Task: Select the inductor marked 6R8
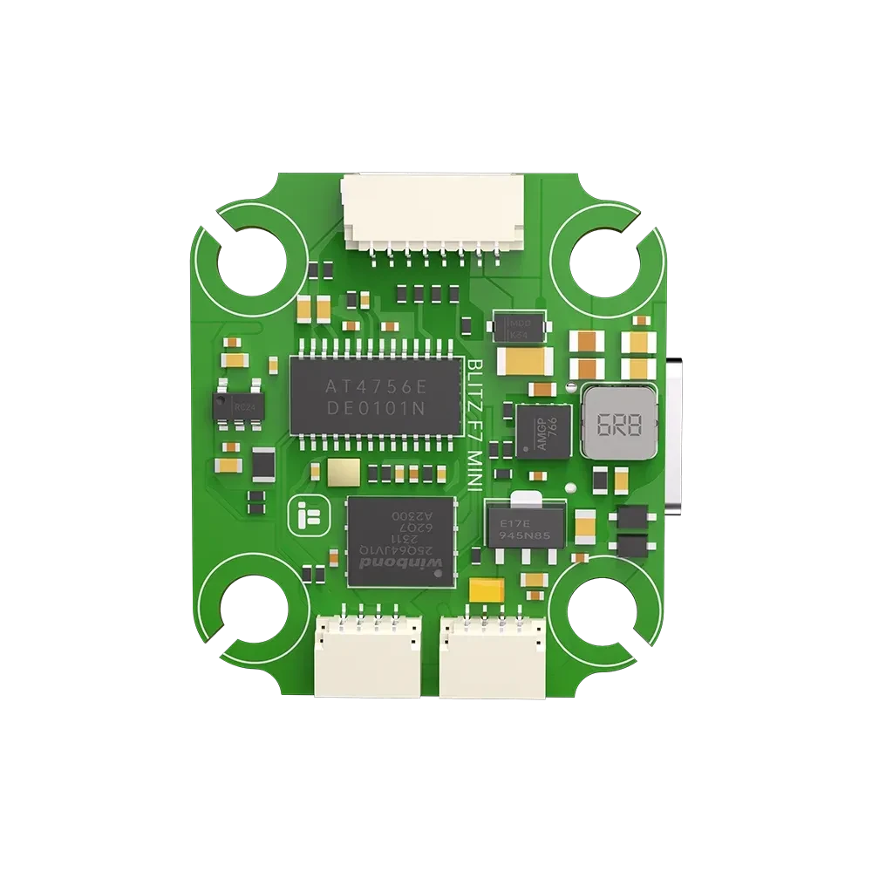pos(619,423)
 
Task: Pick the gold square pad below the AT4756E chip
pos(341,472)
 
